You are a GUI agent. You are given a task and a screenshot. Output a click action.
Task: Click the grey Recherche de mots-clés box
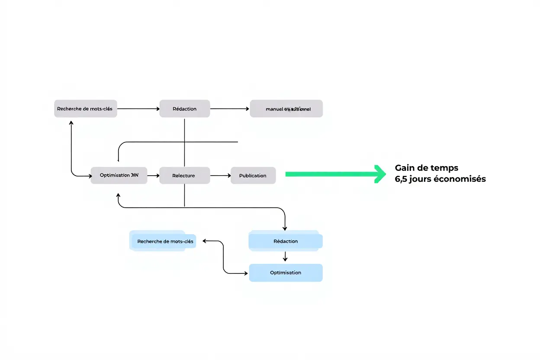[x=85, y=109]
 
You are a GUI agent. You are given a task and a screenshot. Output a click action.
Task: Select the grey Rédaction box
[x=185, y=109]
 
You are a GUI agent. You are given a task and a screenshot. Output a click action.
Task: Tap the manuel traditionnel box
[x=286, y=109]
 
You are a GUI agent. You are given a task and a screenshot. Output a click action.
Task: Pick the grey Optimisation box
[x=119, y=175]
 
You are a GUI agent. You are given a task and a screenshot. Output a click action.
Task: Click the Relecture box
[x=184, y=175]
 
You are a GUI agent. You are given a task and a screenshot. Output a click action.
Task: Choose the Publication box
[x=253, y=175]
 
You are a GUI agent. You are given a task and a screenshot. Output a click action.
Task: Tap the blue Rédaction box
[x=286, y=241]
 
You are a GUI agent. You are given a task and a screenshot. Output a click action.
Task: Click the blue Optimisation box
[x=286, y=273]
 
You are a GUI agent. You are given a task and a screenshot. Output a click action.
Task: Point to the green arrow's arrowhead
[x=381, y=174]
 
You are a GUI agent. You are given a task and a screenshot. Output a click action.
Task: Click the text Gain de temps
[x=426, y=168]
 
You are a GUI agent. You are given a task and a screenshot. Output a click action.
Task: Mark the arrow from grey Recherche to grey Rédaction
[x=138, y=109]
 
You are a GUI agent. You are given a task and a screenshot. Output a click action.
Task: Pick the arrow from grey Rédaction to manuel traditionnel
[x=230, y=109]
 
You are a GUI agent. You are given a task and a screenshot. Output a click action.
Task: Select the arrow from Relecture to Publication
[x=220, y=175]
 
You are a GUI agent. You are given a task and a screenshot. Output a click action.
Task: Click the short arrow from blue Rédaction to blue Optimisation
[x=285, y=257]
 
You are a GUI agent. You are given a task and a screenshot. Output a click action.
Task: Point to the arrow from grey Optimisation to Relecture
[x=153, y=176]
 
